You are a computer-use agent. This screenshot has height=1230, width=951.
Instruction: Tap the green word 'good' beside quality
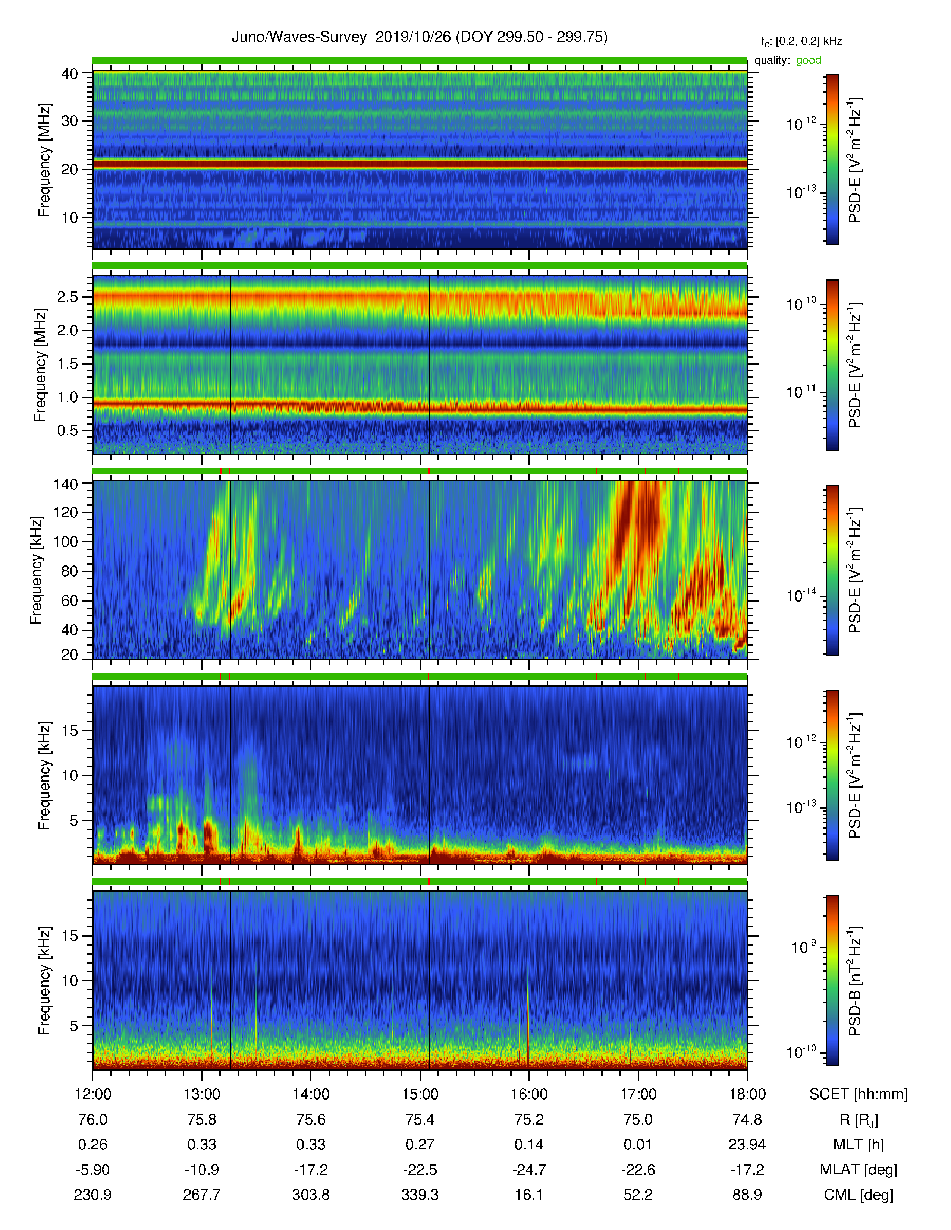click(x=809, y=60)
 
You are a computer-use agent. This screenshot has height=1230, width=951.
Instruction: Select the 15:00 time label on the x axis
click(x=420, y=1094)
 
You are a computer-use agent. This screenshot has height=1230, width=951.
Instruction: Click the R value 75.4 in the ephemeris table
click(x=420, y=1119)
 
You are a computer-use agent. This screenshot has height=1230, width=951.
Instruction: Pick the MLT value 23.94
click(x=747, y=1144)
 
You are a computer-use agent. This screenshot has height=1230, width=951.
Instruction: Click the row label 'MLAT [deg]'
click(x=858, y=1170)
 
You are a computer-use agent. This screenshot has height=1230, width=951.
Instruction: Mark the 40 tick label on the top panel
click(x=69, y=74)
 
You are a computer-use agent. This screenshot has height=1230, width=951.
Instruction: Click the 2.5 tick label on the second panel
click(x=67, y=297)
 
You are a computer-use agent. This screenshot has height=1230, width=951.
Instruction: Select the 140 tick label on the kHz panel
click(x=65, y=484)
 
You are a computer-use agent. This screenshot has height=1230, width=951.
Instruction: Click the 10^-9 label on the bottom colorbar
click(x=803, y=947)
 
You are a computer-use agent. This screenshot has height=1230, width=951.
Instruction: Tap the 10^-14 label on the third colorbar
click(x=801, y=595)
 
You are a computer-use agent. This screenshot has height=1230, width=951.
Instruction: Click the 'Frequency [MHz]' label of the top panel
click(x=44, y=160)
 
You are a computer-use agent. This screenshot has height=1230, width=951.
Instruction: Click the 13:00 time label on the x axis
click(x=202, y=1094)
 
